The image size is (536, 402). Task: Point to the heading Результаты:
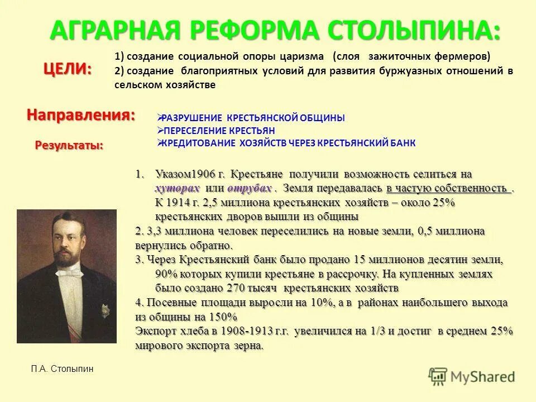point(69,145)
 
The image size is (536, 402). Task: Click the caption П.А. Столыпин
point(63,369)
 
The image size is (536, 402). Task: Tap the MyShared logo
point(472,375)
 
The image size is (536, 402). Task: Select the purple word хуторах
point(177,188)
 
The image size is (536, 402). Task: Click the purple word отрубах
point(251,188)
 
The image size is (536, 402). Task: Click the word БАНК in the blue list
point(403,143)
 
